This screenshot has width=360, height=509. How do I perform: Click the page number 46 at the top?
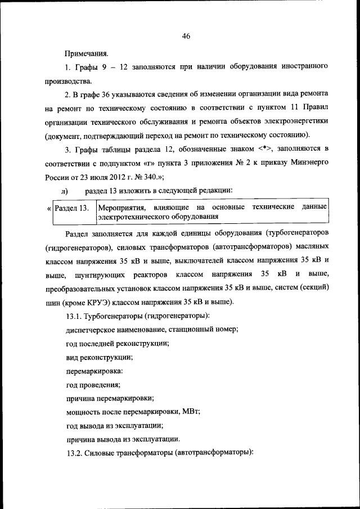click(186, 37)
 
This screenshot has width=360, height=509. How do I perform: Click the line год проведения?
click(93, 384)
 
